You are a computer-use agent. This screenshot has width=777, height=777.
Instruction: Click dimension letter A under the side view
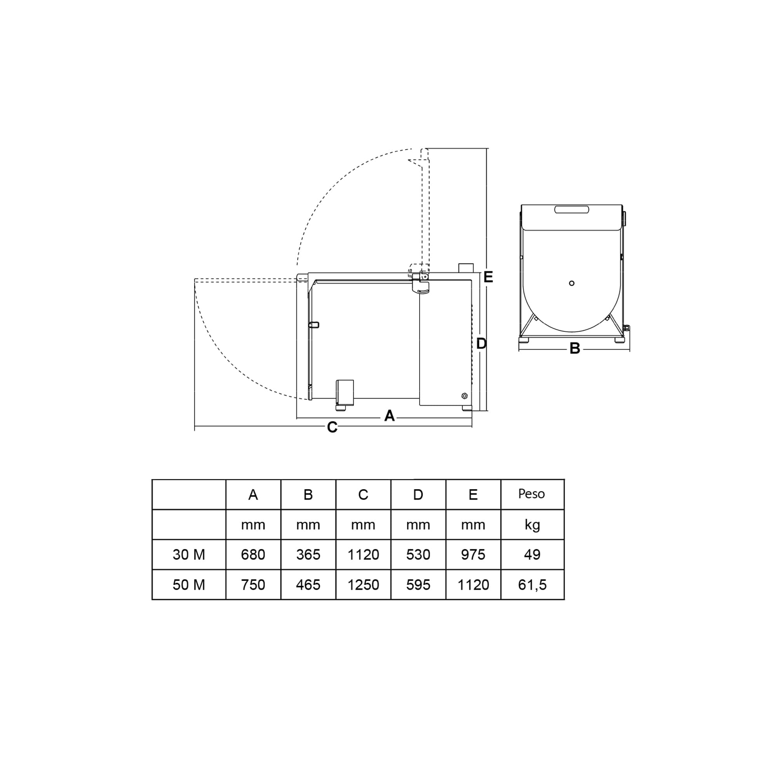click(389, 416)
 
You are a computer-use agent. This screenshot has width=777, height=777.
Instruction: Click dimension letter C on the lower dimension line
click(332, 427)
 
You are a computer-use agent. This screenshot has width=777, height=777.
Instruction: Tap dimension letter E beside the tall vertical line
click(488, 277)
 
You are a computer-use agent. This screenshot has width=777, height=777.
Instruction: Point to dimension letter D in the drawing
click(481, 343)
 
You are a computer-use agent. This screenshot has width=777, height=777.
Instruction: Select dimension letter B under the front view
click(575, 348)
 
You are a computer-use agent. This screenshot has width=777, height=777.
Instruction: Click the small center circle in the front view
click(571, 283)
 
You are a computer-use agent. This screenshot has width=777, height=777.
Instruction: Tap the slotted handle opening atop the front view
click(571, 209)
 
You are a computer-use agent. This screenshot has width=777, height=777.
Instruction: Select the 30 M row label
click(189, 555)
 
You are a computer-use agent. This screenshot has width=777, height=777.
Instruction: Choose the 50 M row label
click(189, 585)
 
